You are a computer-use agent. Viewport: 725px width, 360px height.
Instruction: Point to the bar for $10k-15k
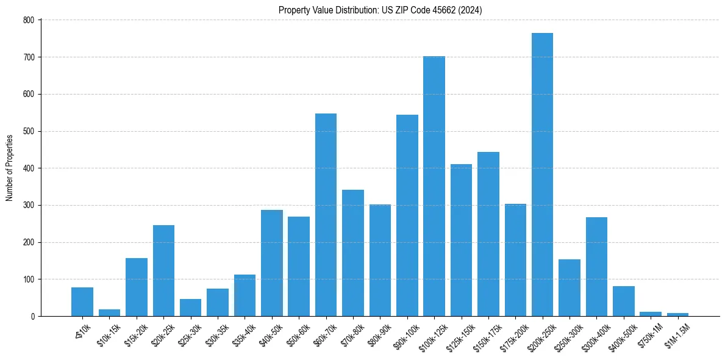click(109, 313)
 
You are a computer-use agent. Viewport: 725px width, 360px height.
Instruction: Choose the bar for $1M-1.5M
click(677, 314)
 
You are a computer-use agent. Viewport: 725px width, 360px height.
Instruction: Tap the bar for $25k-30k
click(190, 308)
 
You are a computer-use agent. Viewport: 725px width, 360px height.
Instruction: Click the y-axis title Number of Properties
click(9, 168)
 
